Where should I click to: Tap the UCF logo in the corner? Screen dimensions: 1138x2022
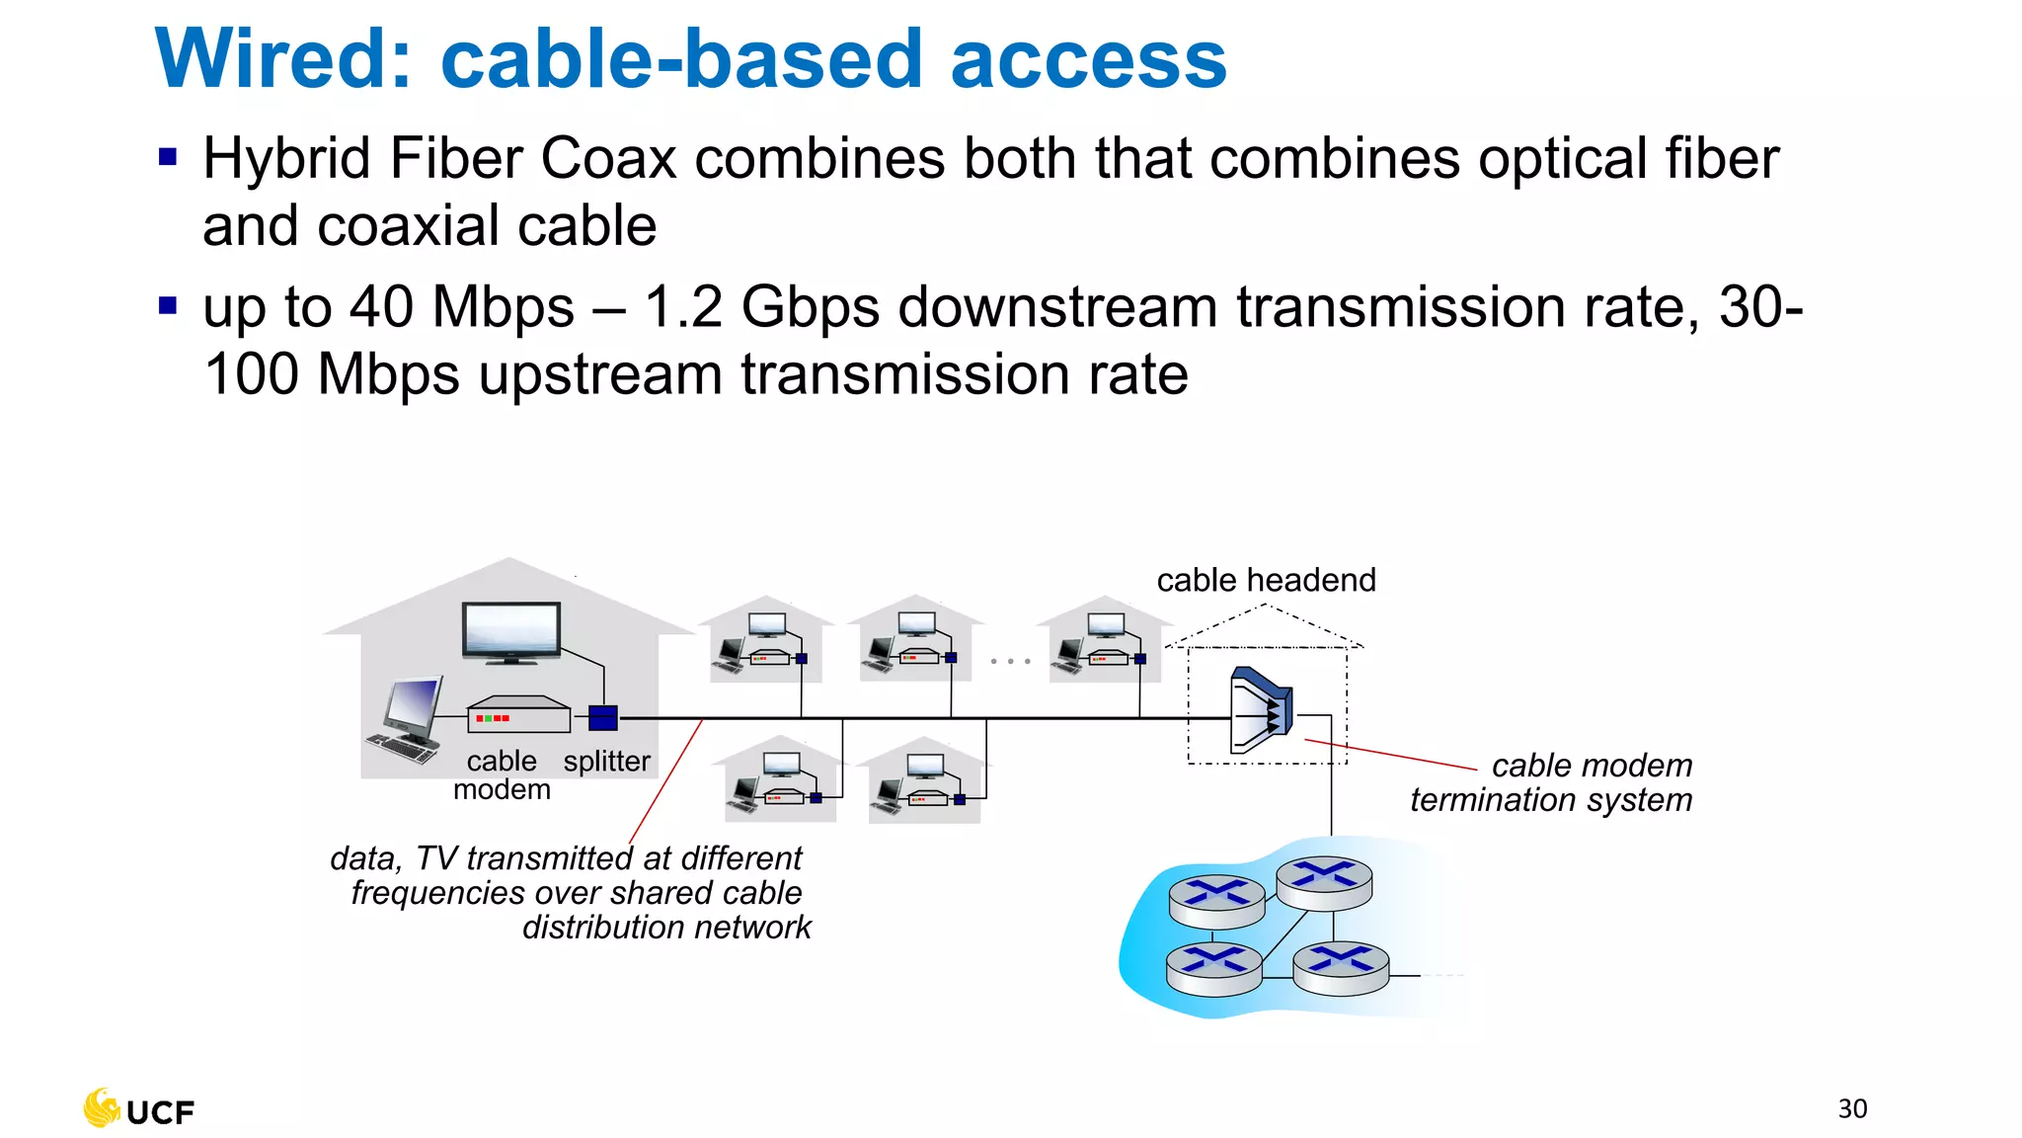coord(139,1109)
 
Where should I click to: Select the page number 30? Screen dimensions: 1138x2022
coord(1852,1108)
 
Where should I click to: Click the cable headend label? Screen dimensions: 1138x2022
coord(1266,580)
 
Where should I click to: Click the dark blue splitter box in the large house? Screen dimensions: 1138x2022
coord(602,718)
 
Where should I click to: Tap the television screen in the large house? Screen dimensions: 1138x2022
coord(511,629)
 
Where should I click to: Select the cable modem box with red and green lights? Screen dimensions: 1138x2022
coord(518,715)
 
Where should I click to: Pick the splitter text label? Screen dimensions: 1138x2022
coord(606,762)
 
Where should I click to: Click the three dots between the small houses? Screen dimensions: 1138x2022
coord(1010,661)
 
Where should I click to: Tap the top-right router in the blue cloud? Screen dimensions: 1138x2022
coord(1324,879)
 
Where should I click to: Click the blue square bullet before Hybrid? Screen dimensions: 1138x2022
coord(168,157)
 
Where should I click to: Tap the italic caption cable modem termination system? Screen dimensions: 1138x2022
coord(1551,782)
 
